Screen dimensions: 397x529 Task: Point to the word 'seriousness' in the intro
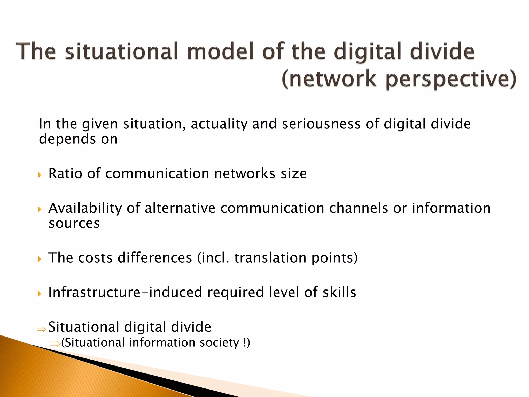[321, 124]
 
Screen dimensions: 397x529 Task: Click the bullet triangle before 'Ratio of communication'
[40, 175]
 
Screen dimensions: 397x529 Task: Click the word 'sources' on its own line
[74, 224]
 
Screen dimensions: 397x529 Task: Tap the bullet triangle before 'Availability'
[40, 209]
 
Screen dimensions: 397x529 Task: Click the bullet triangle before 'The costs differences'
[40, 259]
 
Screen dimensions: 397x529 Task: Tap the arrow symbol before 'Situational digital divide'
[42, 329]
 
